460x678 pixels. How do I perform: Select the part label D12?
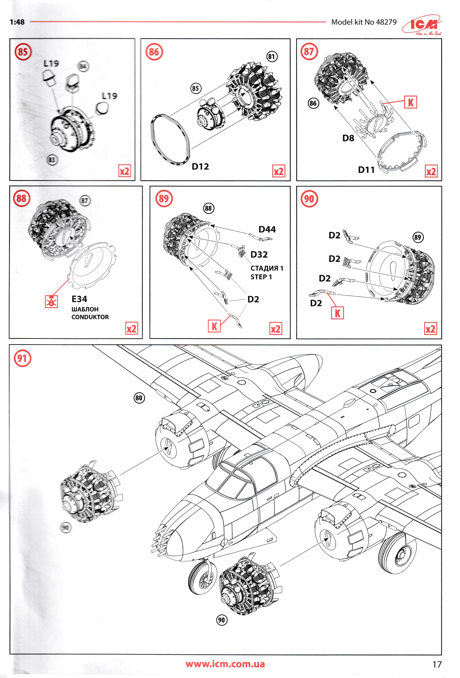tap(200, 167)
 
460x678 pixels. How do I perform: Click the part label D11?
tap(366, 170)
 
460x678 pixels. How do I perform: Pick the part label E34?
tap(79, 299)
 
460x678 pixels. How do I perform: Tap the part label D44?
tap(267, 229)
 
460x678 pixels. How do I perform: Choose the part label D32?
tap(259, 255)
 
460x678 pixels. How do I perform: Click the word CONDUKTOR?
tap(90, 317)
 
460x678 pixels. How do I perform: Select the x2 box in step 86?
tap(278, 171)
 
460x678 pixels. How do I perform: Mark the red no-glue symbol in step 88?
tap(51, 302)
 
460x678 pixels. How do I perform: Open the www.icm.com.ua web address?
tap(225, 664)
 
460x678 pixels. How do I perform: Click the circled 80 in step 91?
tap(139, 398)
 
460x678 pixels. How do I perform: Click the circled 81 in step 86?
tap(271, 57)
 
